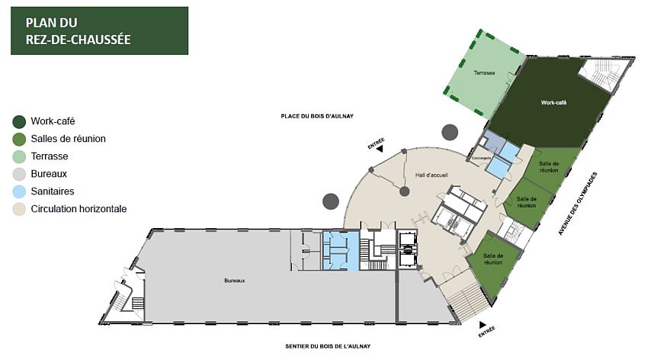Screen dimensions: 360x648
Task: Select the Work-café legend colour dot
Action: (x=19, y=121)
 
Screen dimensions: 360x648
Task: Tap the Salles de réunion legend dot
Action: (x=19, y=139)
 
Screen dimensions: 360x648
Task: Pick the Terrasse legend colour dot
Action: (x=19, y=156)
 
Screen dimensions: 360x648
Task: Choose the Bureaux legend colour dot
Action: (x=19, y=174)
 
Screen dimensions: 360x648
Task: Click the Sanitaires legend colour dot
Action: (x=19, y=191)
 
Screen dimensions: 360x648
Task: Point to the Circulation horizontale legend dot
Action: (x=19, y=209)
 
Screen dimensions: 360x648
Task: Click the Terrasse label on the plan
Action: (x=484, y=73)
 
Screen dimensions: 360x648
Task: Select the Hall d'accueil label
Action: (x=431, y=175)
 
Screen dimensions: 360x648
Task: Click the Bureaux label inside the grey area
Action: (x=234, y=281)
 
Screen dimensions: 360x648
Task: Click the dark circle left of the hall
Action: (x=330, y=201)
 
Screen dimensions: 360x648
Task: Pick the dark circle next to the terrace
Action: (x=450, y=132)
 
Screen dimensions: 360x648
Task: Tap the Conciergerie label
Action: (x=481, y=158)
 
